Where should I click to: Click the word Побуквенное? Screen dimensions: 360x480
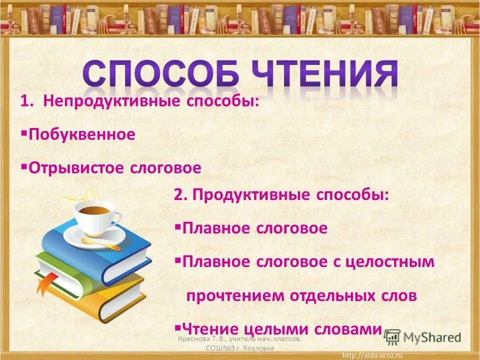coord(82,134)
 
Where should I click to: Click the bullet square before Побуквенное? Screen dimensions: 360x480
coord(24,134)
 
